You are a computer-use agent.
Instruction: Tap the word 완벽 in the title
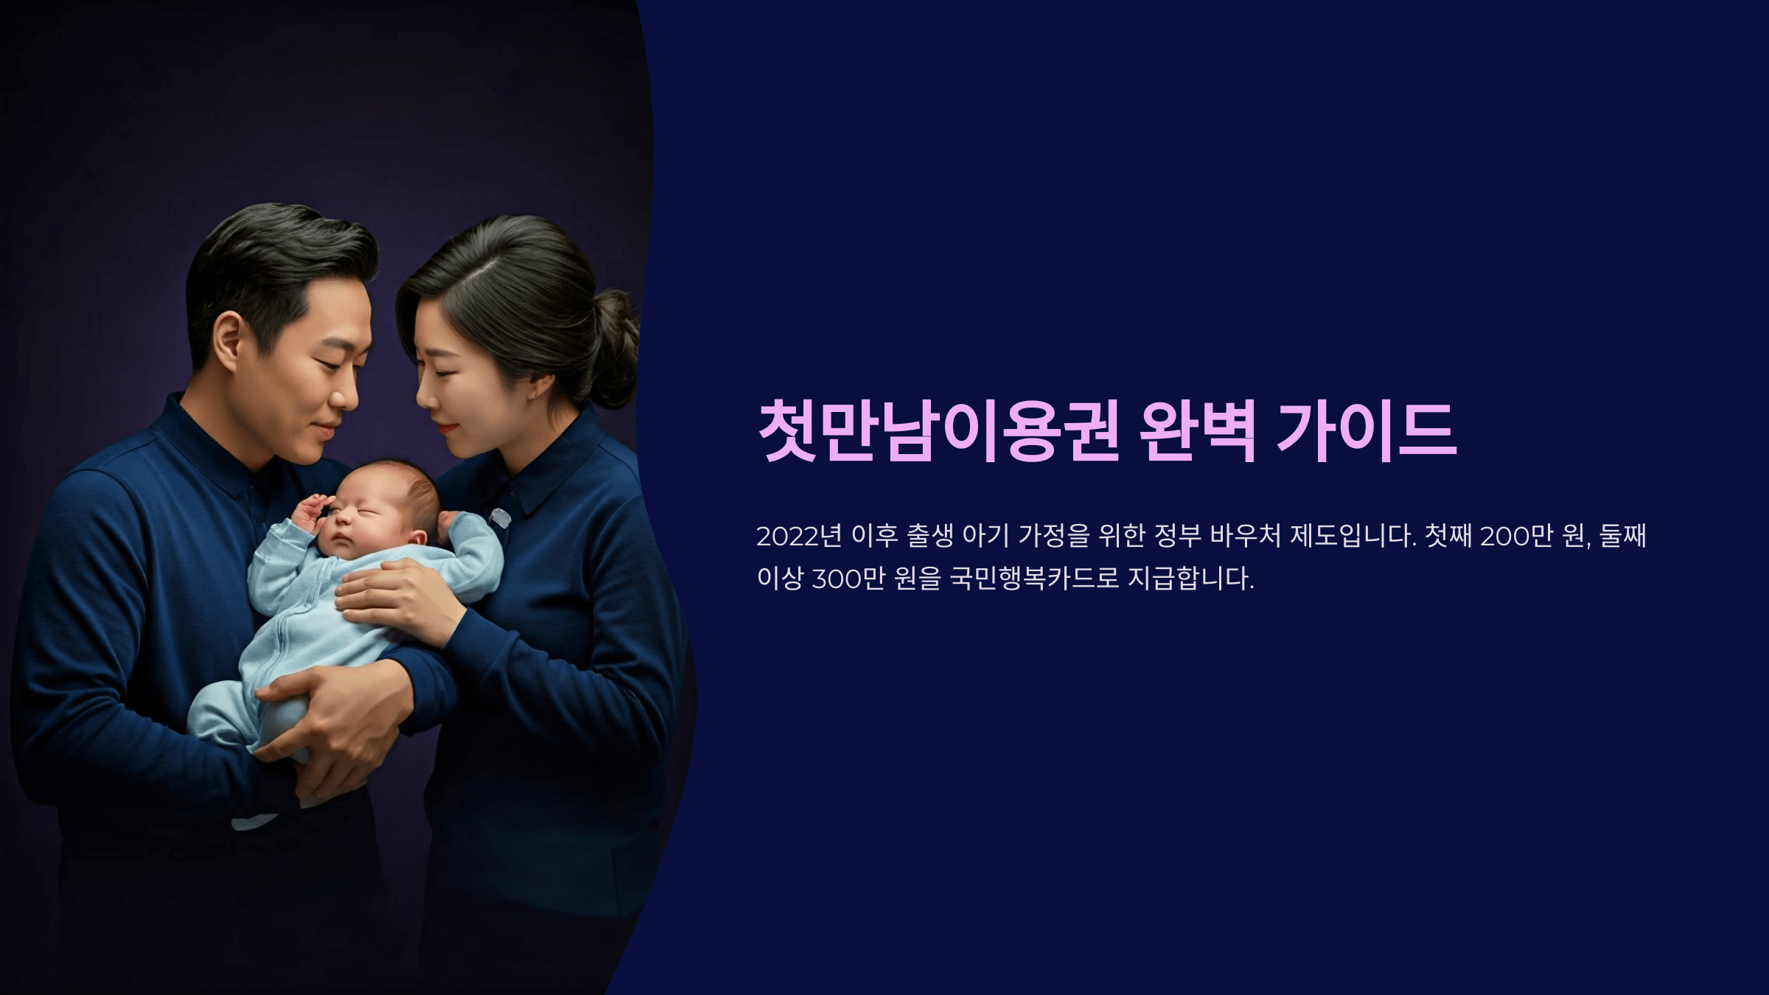[x=1198, y=433]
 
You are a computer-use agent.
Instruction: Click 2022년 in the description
[x=798, y=536]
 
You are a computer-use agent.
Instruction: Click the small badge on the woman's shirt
[x=500, y=517]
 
